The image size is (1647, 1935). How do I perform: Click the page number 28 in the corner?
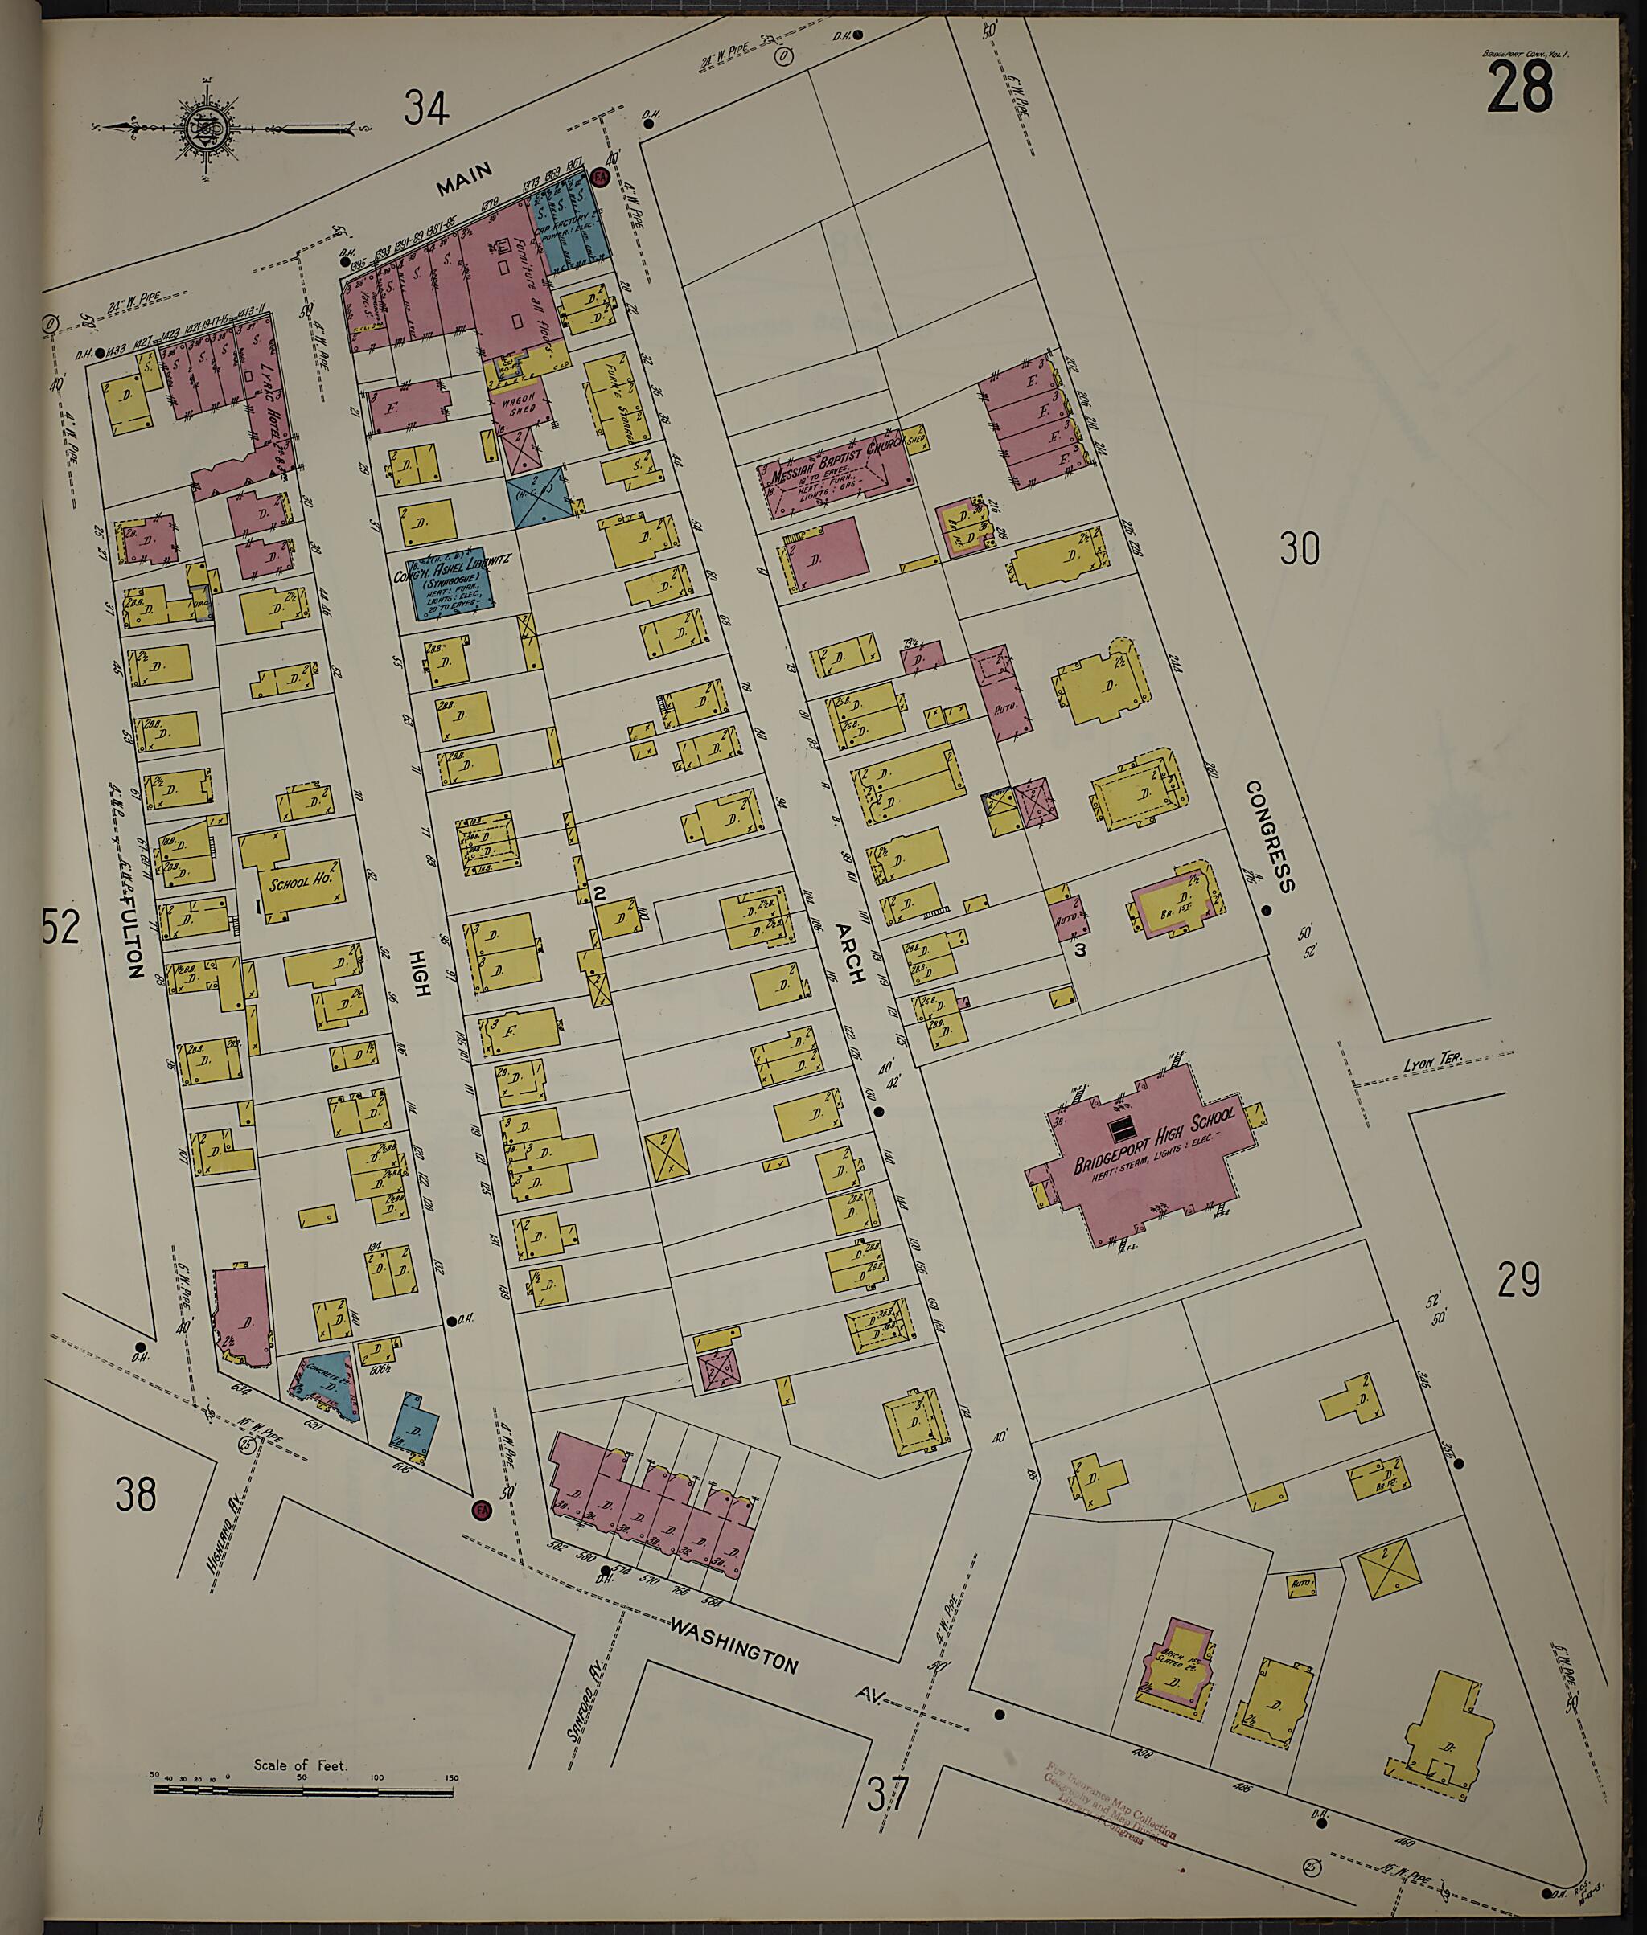(x=1520, y=88)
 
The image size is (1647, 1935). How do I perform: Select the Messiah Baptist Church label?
(x=839, y=464)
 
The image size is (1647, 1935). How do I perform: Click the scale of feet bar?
(x=302, y=1789)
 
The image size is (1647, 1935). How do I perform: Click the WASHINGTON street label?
(x=735, y=1657)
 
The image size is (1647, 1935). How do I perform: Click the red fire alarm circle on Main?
(x=602, y=175)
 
